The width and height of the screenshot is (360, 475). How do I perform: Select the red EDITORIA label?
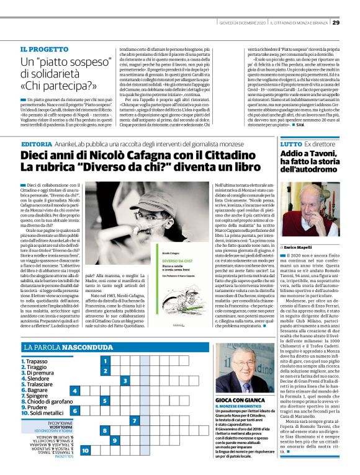[x=37, y=144]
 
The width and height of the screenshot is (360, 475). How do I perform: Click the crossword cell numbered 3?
[x=125, y=381]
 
